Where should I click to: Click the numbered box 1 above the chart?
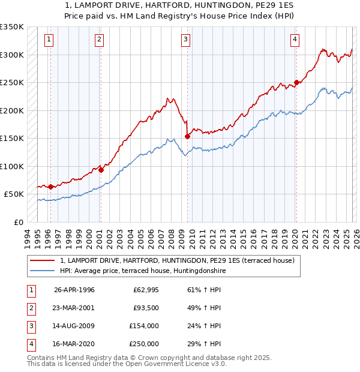point(49,40)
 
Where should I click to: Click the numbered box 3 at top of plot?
point(186,40)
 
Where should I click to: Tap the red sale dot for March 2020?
point(296,83)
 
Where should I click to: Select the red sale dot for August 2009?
point(187,136)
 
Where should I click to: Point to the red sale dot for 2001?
point(101,170)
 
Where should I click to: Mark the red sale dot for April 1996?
point(50,187)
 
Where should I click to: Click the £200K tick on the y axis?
point(12,110)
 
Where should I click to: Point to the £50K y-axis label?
point(14,194)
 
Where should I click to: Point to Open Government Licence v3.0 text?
point(177,364)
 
